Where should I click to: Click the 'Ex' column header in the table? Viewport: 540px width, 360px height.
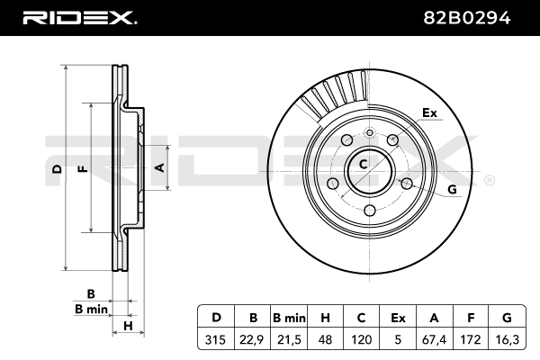tap(397, 317)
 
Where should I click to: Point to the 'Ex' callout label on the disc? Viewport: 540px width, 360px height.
tap(429, 113)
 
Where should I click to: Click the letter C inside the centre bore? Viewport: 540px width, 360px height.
tap(364, 165)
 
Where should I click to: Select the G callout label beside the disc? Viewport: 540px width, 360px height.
tap(452, 188)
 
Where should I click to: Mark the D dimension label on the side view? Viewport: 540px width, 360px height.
tap(57, 170)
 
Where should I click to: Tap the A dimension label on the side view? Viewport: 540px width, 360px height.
tap(158, 167)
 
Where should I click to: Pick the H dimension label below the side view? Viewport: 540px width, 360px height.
tap(129, 326)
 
